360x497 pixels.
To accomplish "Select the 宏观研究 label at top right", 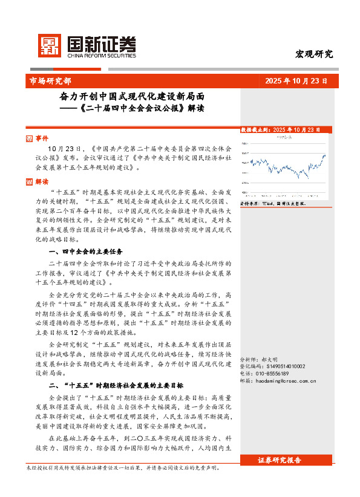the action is tap(314, 54).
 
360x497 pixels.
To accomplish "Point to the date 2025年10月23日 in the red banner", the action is tap(296, 80).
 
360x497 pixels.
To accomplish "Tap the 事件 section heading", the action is tap(42, 138).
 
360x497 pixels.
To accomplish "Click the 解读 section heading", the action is tap(42, 181).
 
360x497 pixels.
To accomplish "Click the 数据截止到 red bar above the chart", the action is tap(280, 130).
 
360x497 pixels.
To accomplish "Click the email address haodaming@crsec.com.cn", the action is tap(278, 381).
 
